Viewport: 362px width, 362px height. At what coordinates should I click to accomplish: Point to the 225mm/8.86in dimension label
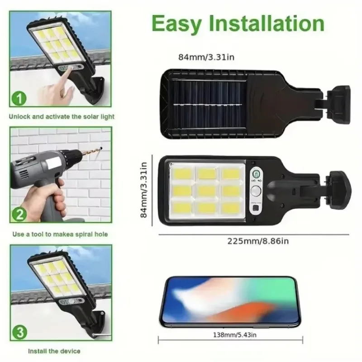[257, 242]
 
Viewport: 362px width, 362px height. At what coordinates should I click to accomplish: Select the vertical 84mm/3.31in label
[144, 190]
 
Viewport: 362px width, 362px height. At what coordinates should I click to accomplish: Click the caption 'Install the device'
[54, 351]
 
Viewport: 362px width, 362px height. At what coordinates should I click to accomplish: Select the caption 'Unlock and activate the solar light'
[62, 116]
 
